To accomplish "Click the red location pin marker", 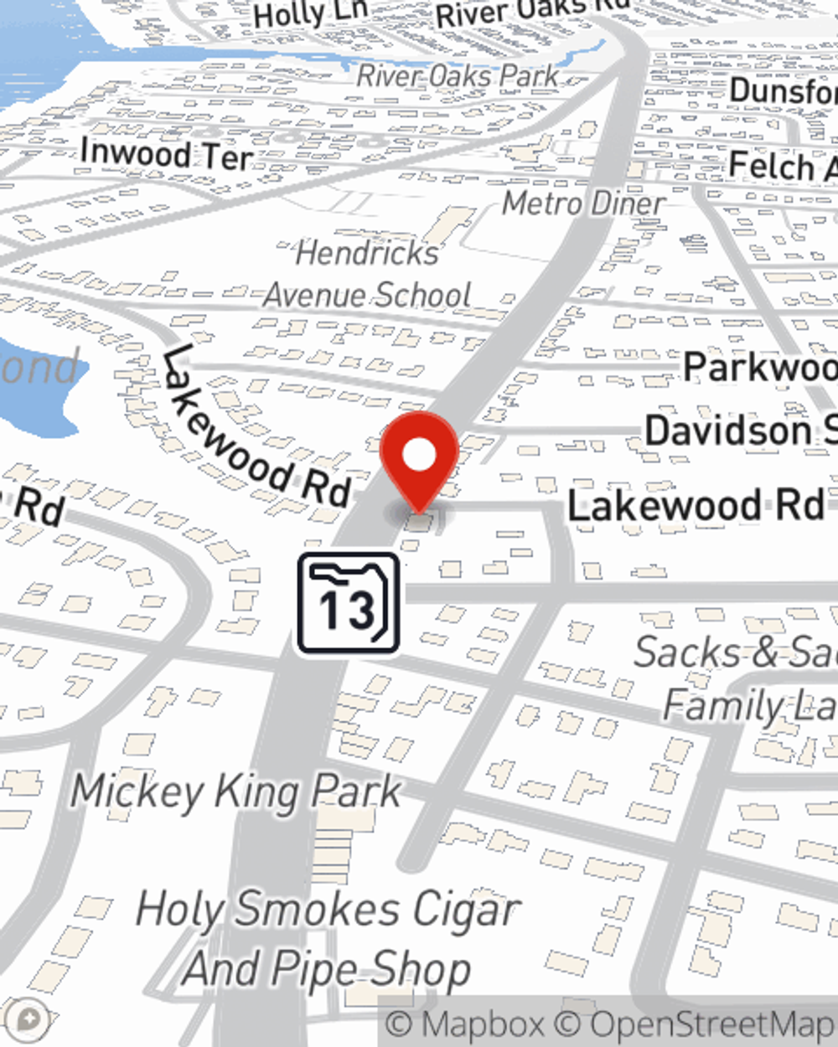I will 419,457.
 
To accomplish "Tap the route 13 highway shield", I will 348,602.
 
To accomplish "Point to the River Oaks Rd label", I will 532,12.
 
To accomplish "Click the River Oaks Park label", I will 458,75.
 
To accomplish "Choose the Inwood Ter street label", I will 166,155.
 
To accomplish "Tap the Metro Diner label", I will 583,203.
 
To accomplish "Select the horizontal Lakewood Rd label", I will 696,506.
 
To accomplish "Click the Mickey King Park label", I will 236,792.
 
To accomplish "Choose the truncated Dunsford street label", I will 783,90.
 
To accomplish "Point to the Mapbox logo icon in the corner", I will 29,1019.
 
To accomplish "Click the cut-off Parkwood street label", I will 758,367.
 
